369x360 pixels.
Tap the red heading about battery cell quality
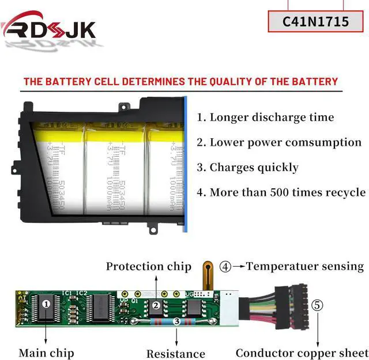pyautogui.click(x=180, y=81)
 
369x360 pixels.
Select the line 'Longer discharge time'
pyautogui.click(x=265, y=118)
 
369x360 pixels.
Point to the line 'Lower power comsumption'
pyautogui.click(x=279, y=142)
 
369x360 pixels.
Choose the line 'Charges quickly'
pyautogui.click(x=248, y=168)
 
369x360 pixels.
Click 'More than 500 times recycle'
pyautogui.click(x=281, y=192)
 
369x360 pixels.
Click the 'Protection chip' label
pyautogui.click(x=148, y=266)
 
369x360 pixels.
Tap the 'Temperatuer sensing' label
pyautogui.click(x=305, y=266)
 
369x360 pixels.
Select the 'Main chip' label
pyautogui.click(x=47, y=353)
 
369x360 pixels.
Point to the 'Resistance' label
pyautogui.click(x=175, y=354)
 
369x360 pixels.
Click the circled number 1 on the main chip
pyautogui.click(x=47, y=302)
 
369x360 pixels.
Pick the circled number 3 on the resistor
pyautogui.click(x=177, y=321)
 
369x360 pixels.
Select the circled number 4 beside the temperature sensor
pyautogui.click(x=225, y=267)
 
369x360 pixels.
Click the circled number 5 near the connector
pyautogui.click(x=317, y=305)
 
